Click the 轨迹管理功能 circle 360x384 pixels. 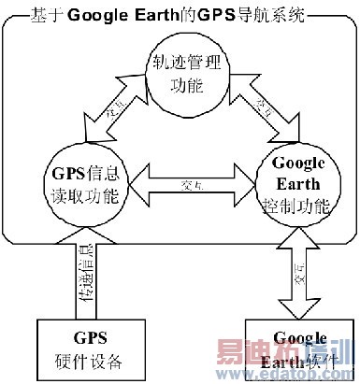coord(180,76)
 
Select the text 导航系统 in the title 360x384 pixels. coord(266,14)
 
